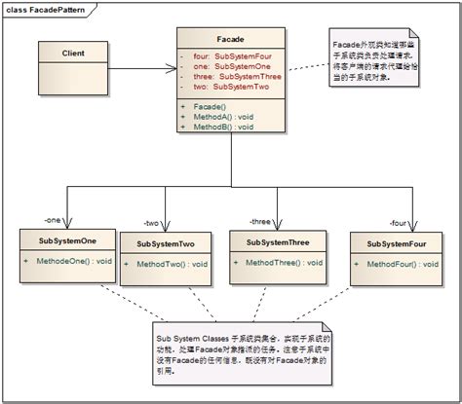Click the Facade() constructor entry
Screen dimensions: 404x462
(209, 106)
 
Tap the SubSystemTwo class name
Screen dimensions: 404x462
(166, 244)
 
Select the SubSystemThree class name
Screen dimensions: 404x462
(277, 242)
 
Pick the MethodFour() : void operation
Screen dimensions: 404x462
(404, 264)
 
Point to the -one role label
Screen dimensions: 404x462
(54, 218)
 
